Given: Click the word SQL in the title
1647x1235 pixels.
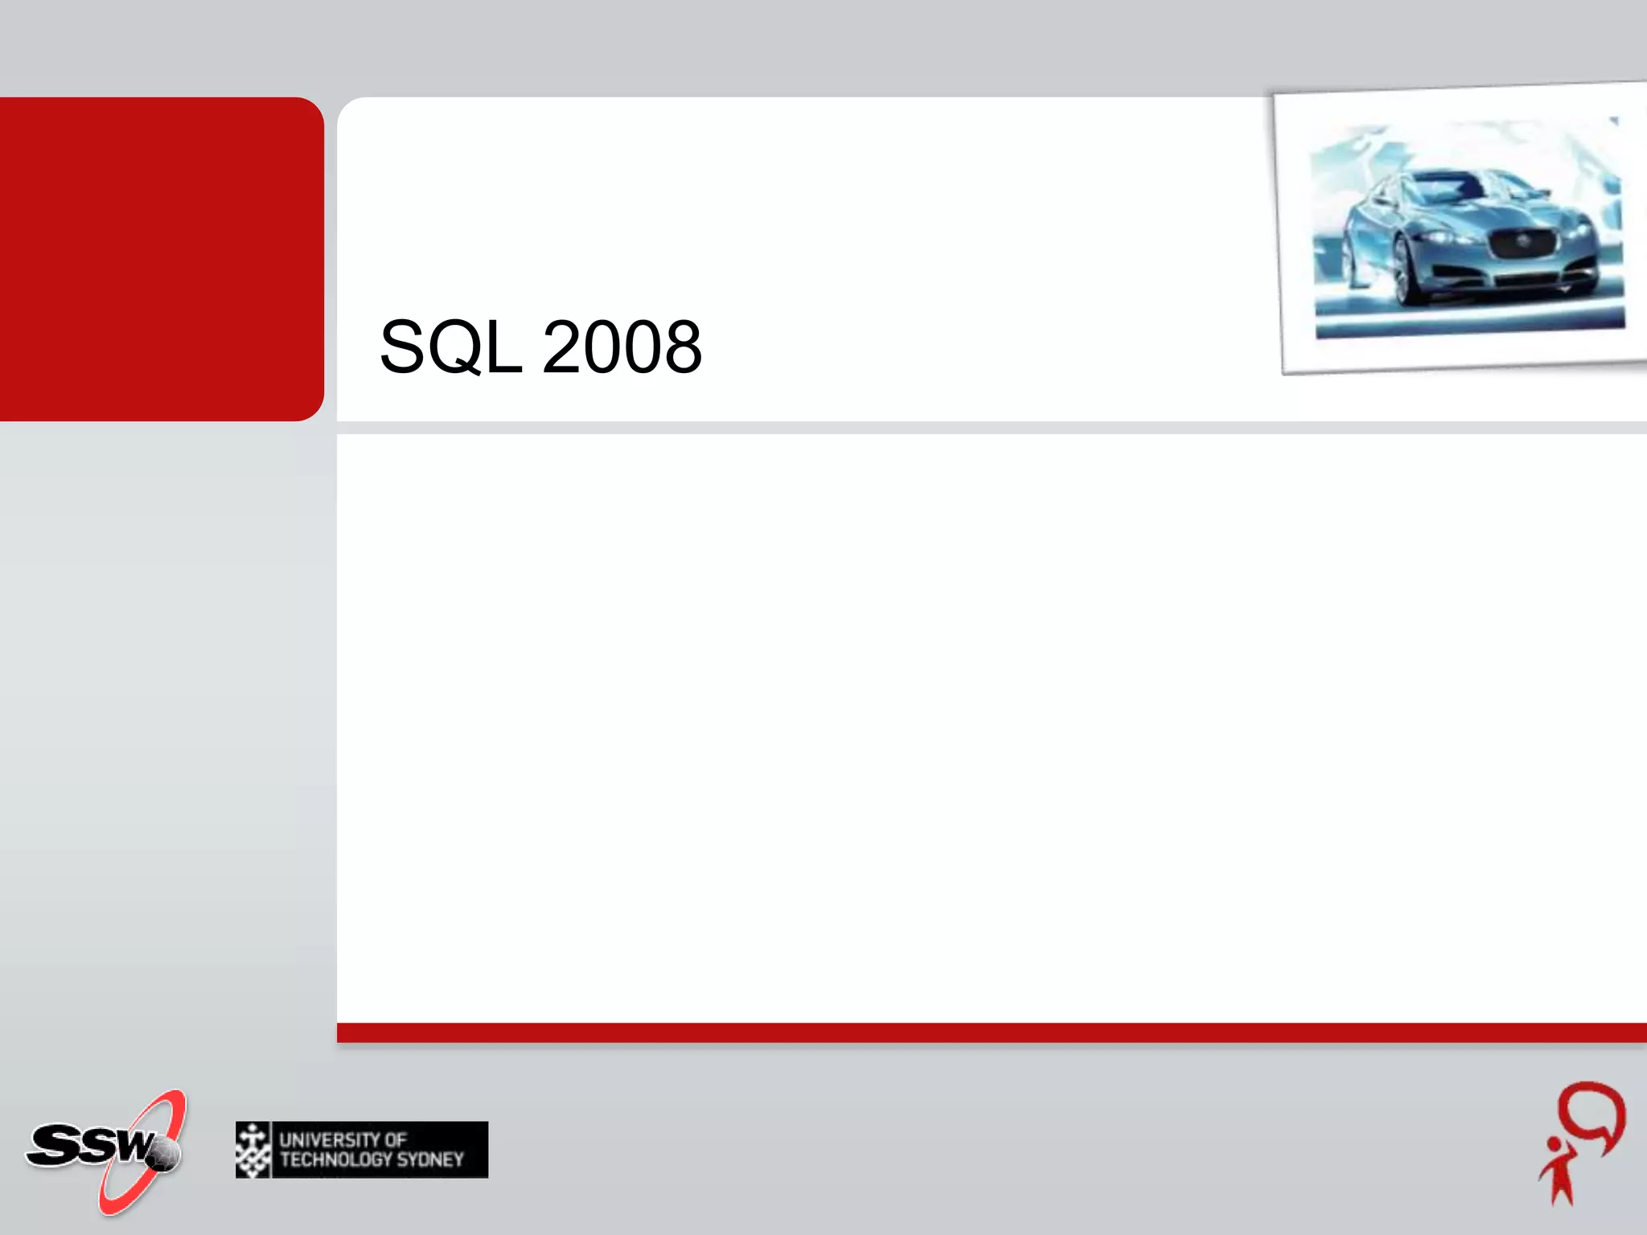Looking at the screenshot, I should pyautogui.click(x=450, y=347).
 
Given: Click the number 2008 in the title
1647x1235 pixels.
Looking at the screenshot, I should pyautogui.click(x=622, y=347).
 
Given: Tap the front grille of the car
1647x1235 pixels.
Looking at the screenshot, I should pyautogui.click(x=1523, y=244).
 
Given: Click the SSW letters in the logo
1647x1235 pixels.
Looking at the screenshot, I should pyautogui.click(x=88, y=1144).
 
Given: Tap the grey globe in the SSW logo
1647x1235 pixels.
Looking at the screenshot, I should pyautogui.click(x=165, y=1155).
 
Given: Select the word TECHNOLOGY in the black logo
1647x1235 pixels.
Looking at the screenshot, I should pyautogui.click(x=336, y=1160).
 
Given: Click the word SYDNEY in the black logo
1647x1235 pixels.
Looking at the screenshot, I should pyautogui.click(x=430, y=1160).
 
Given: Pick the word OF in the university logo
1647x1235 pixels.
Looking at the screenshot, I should pyautogui.click(x=395, y=1139).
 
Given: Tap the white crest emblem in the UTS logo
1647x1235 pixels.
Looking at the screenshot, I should pyautogui.click(x=253, y=1150).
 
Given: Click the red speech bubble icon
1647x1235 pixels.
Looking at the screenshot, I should pyautogui.click(x=1592, y=1114).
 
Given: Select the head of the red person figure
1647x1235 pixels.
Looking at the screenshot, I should pyautogui.click(x=1555, y=1144).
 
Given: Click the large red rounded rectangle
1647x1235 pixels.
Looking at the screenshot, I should pyautogui.click(x=161, y=259).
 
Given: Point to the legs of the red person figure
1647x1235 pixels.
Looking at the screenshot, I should pyautogui.click(x=1563, y=1190).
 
